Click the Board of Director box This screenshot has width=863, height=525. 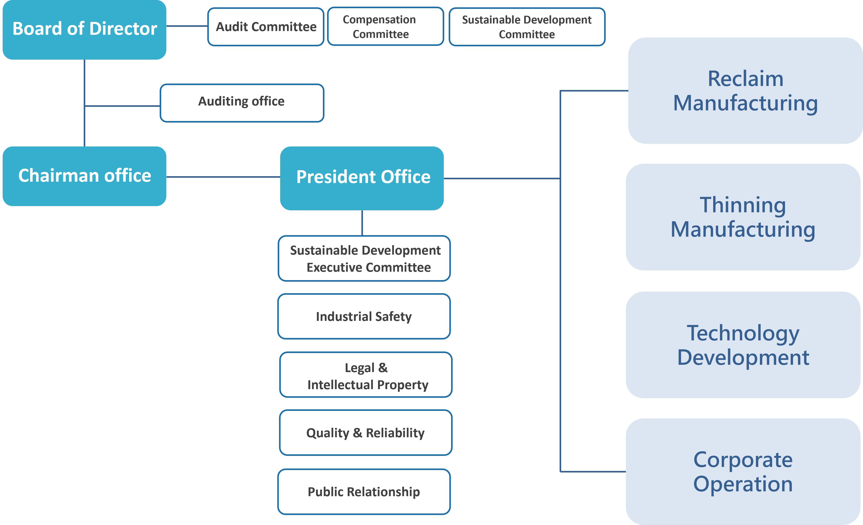84,30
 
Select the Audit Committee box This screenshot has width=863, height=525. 266,27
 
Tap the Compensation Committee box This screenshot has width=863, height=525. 386,26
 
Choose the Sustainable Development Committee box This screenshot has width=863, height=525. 527,27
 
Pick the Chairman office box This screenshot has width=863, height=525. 84,176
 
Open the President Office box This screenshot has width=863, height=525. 362,178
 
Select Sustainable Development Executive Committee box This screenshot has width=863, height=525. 364,258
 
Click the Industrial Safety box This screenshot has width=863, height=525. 364,316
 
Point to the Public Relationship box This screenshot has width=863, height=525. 364,492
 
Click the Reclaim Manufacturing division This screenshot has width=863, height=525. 745,91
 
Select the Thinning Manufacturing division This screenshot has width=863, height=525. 743,217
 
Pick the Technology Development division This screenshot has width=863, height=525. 743,345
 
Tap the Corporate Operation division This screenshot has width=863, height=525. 743,472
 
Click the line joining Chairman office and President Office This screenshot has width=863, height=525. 223,177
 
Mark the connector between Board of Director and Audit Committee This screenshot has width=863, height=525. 187,26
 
